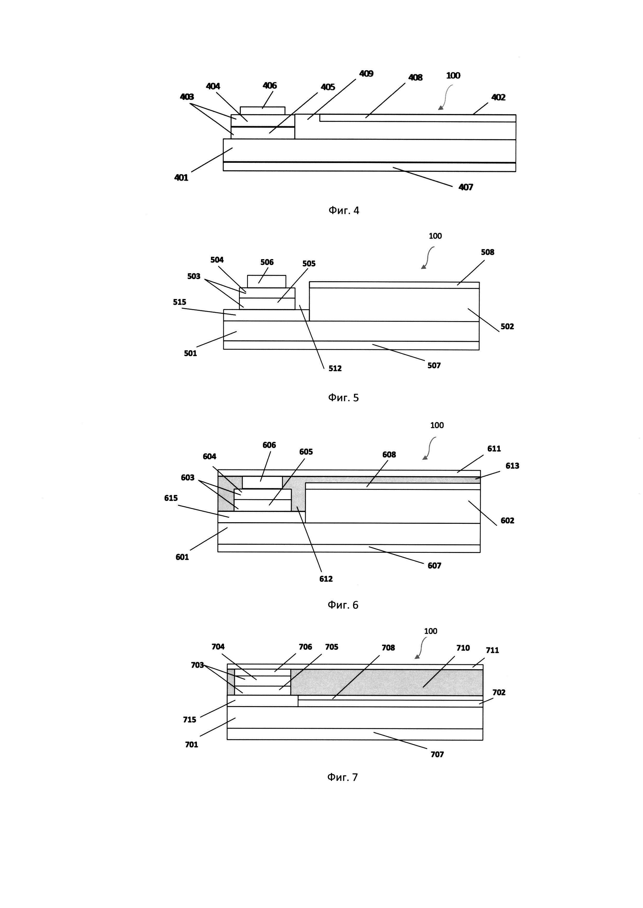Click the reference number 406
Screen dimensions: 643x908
coord(270,85)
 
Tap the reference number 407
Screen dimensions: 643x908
coord(466,187)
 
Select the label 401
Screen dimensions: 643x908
coord(181,178)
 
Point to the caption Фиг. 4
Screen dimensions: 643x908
coord(344,210)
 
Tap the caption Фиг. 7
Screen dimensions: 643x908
coord(343,777)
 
